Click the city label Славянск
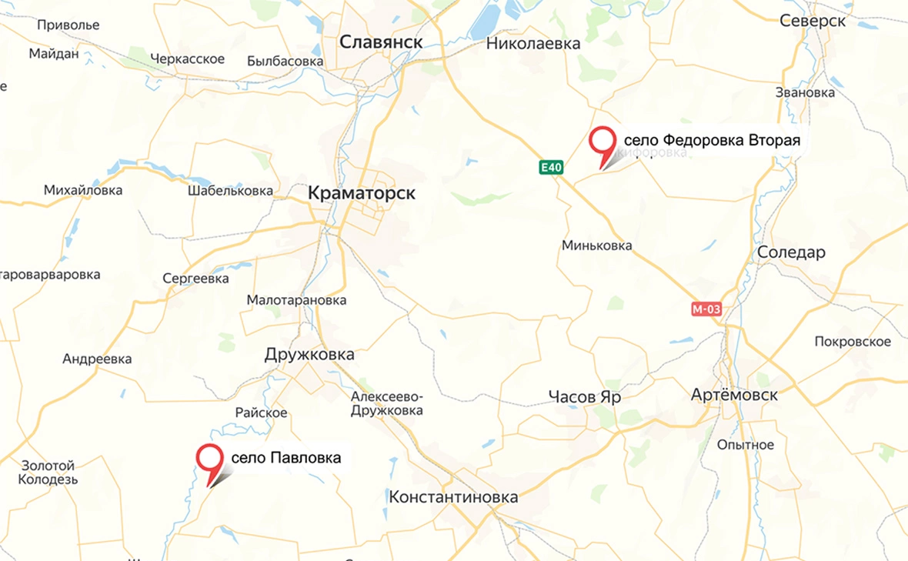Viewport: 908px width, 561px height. [382, 42]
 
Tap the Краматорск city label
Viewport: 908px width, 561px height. [361, 193]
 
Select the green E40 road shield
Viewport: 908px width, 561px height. [551, 167]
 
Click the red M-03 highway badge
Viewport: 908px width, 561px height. [706, 309]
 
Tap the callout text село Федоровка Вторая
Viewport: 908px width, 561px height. [712, 141]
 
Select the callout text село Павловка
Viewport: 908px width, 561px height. [285, 458]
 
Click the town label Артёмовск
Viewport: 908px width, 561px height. [734, 395]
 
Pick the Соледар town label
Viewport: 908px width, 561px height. [791, 252]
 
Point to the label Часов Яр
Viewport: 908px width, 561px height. [585, 397]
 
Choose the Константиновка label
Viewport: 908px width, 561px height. [453, 497]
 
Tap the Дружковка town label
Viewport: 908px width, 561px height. [309, 354]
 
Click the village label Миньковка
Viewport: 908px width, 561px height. [597, 245]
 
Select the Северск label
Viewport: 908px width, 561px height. [813, 21]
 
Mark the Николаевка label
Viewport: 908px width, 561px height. [533, 44]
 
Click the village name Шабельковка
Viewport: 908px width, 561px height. [230, 190]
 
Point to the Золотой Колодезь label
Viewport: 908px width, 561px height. [48, 473]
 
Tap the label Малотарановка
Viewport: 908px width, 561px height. [296, 300]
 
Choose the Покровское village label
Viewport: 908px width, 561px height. [853, 342]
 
